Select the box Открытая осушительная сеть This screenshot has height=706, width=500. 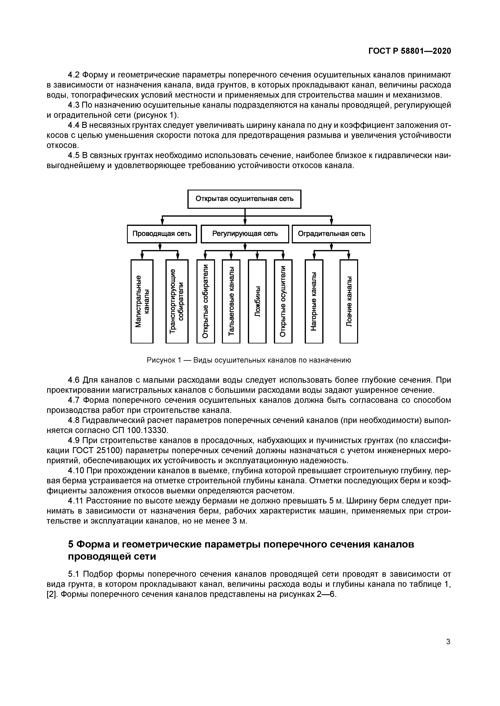tap(244, 199)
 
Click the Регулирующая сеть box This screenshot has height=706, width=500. tap(245, 234)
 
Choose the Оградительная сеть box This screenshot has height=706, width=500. tap(331, 234)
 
